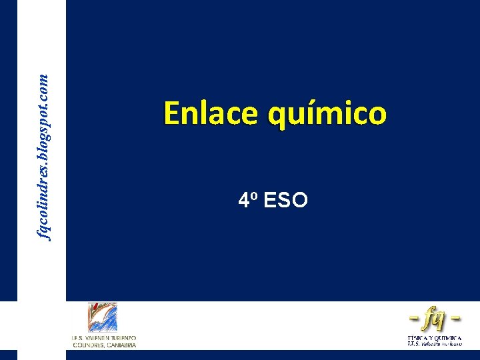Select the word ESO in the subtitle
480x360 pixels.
(x=286, y=199)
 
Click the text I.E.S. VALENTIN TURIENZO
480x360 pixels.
(x=103, y=339)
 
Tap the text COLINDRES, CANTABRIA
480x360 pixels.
(x=103, y=345)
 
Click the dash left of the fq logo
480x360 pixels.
(x=413, y=319)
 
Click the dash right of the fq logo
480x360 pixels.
(x=456, y=319)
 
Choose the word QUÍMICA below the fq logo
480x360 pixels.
(x=448, y=338)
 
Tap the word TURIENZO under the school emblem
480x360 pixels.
(x=122, y=339)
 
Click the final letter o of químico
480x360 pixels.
(x=377, y=115)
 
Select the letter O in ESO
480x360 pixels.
(x=299, y=199)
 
